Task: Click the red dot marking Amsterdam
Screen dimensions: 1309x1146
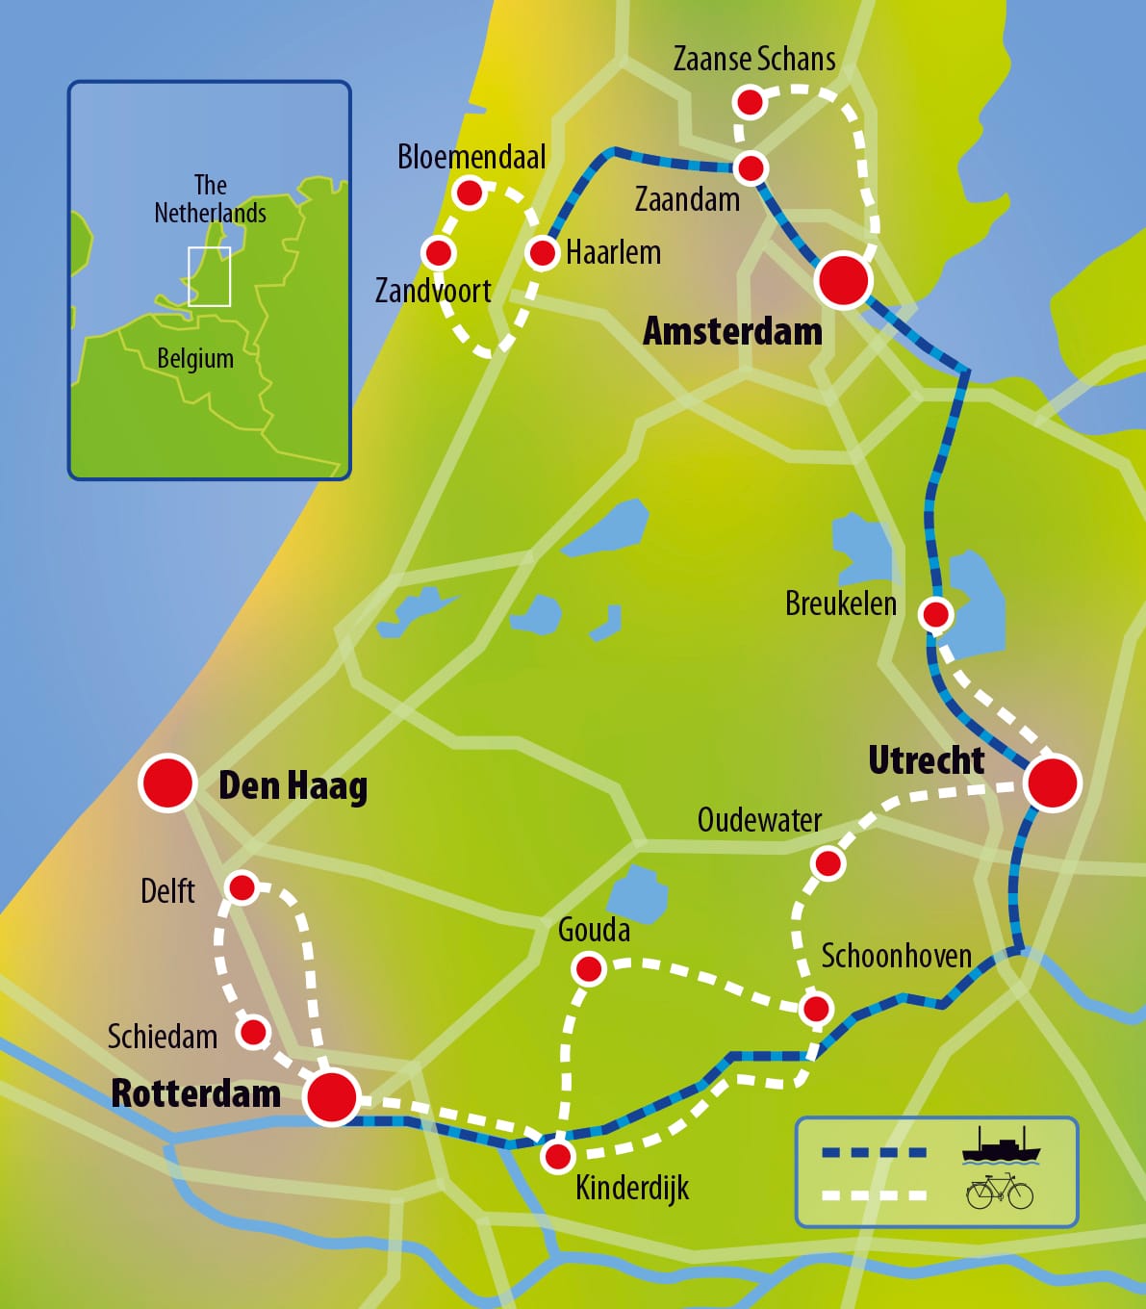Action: tap(843, 280)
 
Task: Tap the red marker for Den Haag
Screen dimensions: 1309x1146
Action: tap(168, 783)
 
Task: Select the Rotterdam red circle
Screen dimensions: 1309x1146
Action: tap(332, 1095)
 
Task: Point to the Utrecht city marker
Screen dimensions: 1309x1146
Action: tap(1053, 783)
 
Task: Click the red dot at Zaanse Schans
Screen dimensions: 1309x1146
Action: tap(750, 101)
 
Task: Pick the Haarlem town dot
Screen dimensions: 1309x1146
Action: tap(543, 253)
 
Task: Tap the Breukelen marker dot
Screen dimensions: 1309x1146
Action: tap(935, 613)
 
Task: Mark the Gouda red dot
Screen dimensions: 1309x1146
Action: tap(589, 968)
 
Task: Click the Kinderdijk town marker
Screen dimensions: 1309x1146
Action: tap(558, 1155)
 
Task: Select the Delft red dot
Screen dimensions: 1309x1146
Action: tap(242, 886)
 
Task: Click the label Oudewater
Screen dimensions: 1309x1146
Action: tap(759, 820)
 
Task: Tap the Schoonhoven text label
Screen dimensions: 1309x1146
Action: tap(896, 956)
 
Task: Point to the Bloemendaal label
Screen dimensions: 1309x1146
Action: tap(471, 157)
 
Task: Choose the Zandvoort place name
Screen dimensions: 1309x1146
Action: tap(433, 290)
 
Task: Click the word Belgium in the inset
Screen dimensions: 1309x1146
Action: tap(195, 358)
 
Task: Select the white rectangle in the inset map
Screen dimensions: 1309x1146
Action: tap(209, 276)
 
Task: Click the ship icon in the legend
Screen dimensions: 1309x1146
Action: tap(1001, 1146)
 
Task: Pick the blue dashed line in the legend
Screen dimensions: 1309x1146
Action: tap(874, 1152)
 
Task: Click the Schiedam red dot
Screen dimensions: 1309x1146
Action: tap(253, 1033)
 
